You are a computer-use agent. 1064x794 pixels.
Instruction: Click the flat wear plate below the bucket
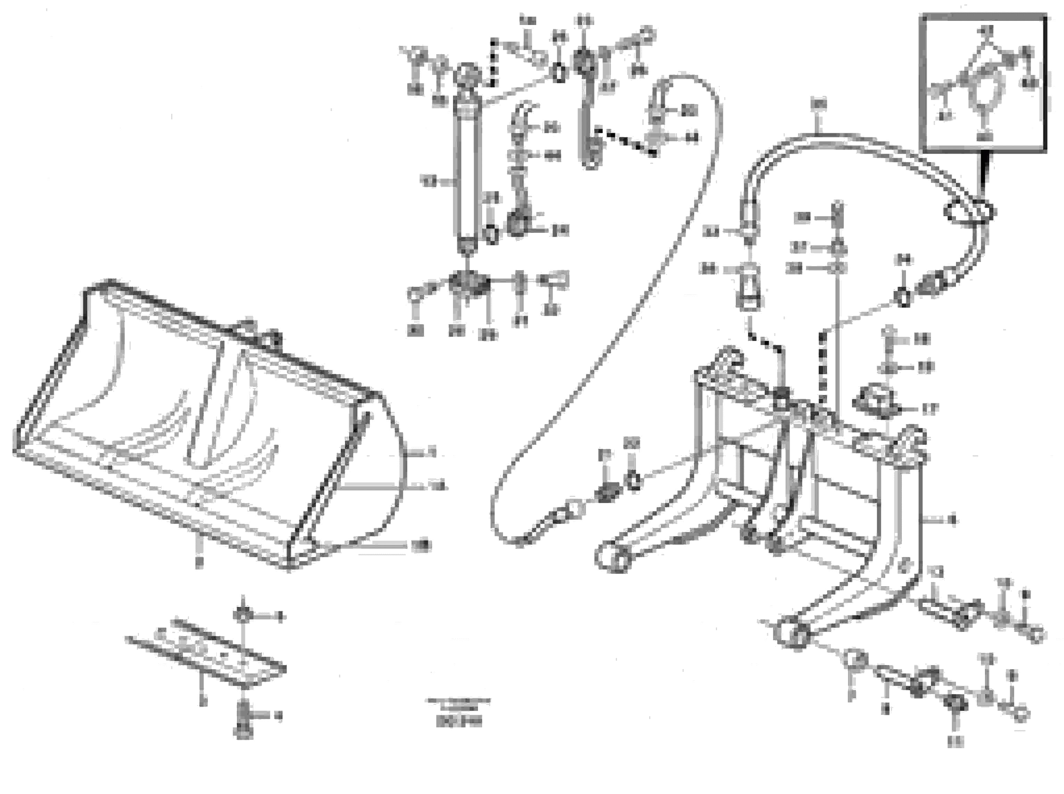tap(207, 654)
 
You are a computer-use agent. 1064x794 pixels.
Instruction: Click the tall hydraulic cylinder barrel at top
tap(468, 173)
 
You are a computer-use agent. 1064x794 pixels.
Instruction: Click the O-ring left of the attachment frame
tap(634, 480)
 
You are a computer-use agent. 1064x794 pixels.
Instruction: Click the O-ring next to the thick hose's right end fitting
tap(903, 297)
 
